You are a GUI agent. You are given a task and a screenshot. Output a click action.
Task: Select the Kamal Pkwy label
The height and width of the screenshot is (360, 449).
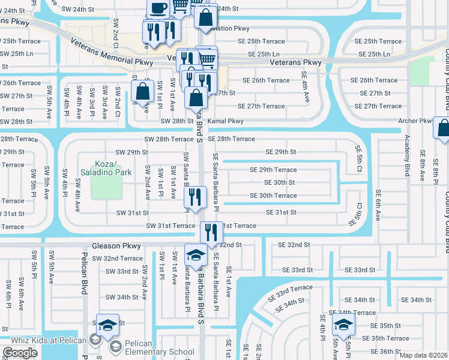point(226,121)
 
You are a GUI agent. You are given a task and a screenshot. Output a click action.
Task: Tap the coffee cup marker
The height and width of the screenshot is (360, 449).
point(157,9)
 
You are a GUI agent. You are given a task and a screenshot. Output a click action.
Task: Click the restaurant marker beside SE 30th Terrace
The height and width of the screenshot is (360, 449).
point(195,197)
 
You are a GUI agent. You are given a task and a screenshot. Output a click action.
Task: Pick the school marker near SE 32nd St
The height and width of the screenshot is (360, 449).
point(195,255)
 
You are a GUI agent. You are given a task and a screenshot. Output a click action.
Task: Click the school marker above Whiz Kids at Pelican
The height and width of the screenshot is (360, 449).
point(107,325)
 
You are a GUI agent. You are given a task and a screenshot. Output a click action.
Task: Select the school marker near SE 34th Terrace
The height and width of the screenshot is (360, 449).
point(343,326)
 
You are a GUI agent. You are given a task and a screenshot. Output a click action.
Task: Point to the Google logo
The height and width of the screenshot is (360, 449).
point(20,353)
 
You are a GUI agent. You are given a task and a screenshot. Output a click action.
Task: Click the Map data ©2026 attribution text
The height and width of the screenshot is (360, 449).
point(423,356)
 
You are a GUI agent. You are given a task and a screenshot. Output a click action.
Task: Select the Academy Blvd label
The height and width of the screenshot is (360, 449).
point(407,159)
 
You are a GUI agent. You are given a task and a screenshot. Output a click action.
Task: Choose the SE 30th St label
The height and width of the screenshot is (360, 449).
point(280,182)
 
